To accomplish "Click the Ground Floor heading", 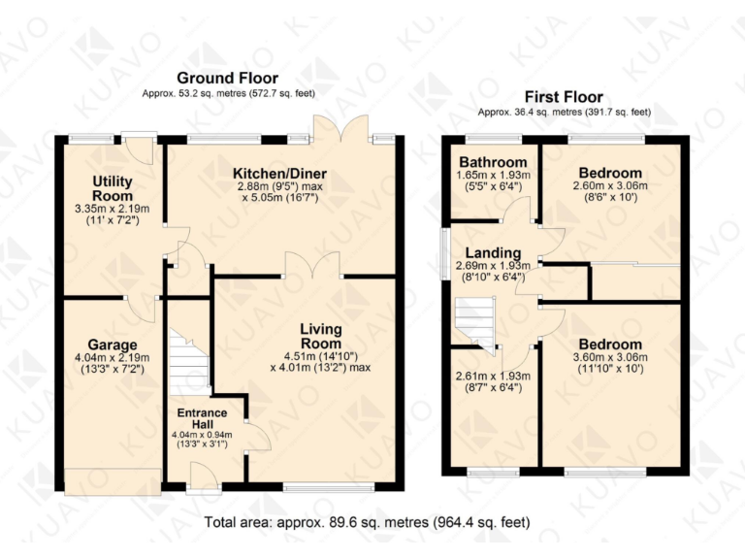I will coord(227,78).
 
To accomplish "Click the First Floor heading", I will coord(564,97).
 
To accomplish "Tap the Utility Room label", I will coord(113,189).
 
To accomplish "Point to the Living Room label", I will coord(320,336).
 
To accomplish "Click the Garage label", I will coord(113,345).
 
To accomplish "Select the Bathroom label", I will coord(493,162).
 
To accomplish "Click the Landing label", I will coord(490,253).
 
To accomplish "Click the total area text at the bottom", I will coord(368,522).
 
